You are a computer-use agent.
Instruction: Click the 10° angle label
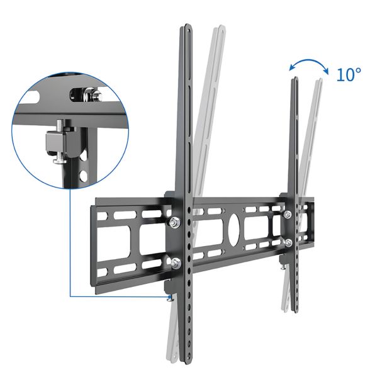tap(349, 76)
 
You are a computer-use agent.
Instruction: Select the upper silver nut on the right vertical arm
tap(288, 215)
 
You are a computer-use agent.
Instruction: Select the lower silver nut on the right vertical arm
tap(288, 242)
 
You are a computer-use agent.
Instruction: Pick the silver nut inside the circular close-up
tap(96, 95)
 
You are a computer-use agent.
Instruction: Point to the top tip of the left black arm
tap(188, 26)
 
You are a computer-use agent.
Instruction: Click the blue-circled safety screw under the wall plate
tap(168, 300)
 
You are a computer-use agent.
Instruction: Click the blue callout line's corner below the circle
tap(69, 296)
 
